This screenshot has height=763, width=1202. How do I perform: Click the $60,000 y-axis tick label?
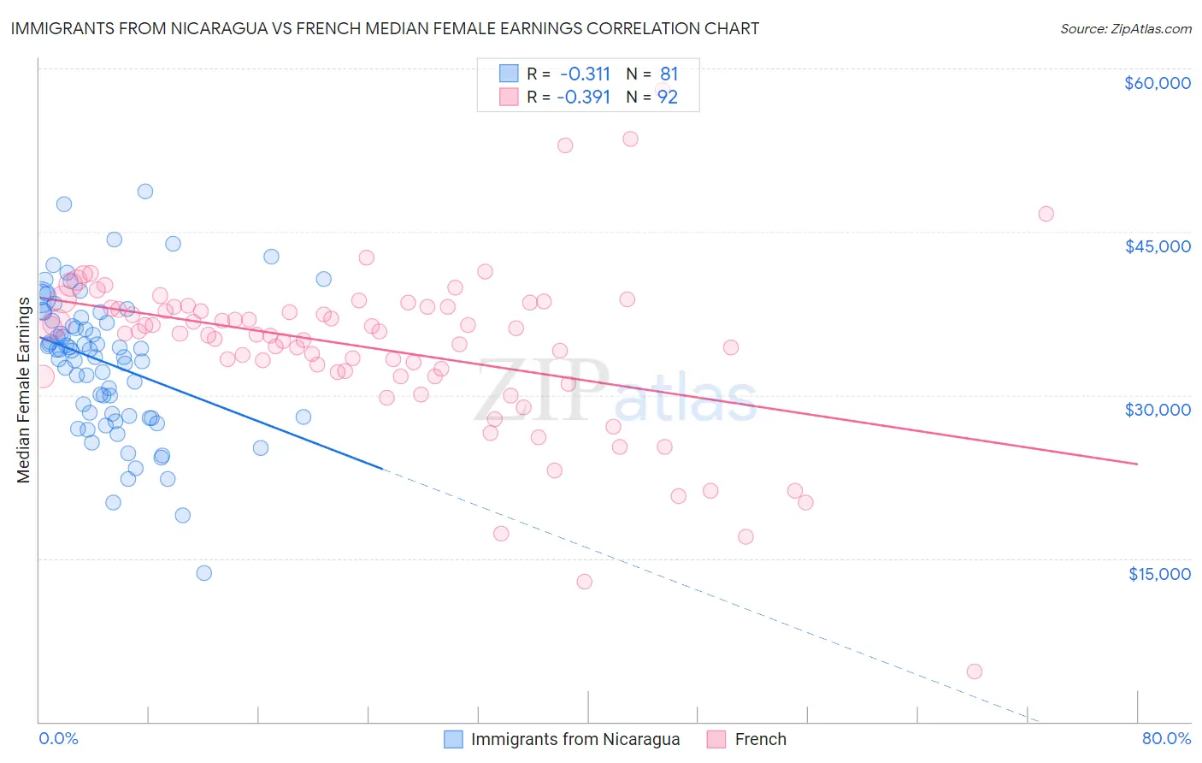tap(1157, 83)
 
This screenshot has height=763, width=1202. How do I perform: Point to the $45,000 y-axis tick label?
tap(1157, 246)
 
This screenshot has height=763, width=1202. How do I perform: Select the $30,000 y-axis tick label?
tap(1157, 410)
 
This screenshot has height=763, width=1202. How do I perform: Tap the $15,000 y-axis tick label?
tap(1158, 574)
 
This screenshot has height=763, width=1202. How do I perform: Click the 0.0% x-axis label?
tap(58, 738)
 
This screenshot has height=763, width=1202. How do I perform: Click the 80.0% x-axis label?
tap(1166, 738)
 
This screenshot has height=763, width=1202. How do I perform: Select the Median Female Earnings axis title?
tap(24, 390)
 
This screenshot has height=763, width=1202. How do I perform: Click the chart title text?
tap(385, 29)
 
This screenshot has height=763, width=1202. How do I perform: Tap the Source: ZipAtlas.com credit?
tap(1125, 29)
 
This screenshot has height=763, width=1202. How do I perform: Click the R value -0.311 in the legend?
tap(585, 74)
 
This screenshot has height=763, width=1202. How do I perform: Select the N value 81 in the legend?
tap(669, 74)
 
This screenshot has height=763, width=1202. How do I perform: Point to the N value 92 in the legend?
tap(667, 98)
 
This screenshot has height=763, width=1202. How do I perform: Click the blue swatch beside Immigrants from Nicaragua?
tap(454, 739)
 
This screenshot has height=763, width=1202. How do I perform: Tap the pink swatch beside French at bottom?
tap(716, 739)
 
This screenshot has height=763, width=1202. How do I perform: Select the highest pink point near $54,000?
tap(630, 139)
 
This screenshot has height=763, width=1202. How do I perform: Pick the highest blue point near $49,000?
tap(145, 192)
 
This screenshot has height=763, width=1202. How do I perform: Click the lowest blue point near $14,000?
tap(203, 573)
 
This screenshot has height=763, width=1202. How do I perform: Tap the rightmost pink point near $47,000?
tap(1046, 214)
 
